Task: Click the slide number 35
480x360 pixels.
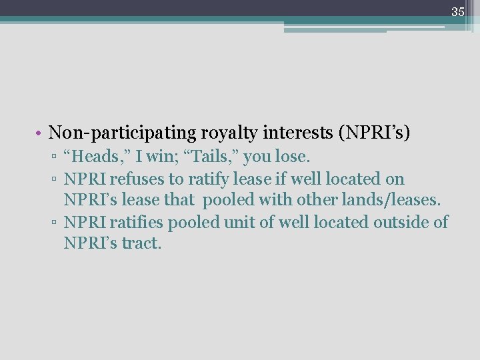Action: coord(457,11)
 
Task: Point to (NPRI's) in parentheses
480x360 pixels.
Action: coord(375,133)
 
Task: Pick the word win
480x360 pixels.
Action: coord(158,157)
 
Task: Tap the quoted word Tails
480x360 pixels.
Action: coord(211,157)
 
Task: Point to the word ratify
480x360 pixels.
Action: coord(205,179)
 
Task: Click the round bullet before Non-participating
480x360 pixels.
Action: coord(40,134)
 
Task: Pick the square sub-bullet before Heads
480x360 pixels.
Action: coord(56,158)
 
